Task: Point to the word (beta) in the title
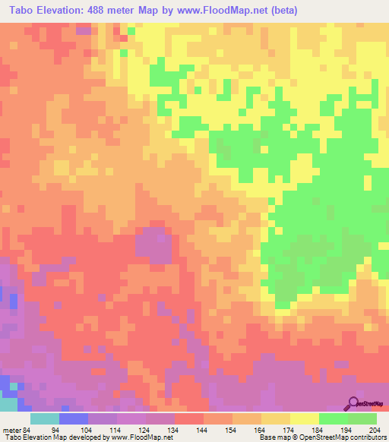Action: point(282,11)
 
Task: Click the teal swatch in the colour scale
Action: point(44,418)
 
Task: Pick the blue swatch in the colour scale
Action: point(73,418)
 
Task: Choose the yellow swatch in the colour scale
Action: point(304,418)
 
